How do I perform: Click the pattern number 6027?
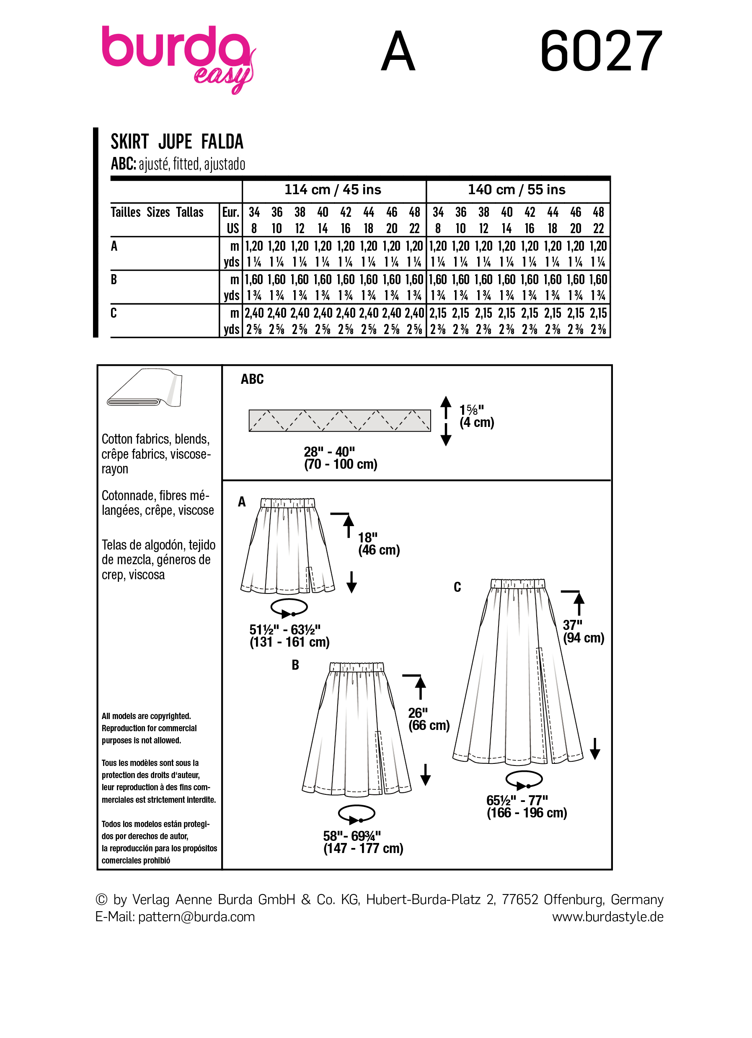[600, 51]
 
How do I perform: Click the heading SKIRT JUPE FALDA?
[177, 142]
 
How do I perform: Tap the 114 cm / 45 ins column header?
[333, 190]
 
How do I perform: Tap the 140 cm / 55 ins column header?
[517, 190]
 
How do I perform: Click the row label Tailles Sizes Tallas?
[157, 212]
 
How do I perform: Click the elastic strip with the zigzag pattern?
[339, 420]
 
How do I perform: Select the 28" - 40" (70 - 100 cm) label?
[340, 457]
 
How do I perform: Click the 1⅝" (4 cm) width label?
[476, 416]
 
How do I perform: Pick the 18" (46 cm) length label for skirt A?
[378, 544]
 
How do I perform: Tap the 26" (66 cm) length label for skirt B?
[428, 719]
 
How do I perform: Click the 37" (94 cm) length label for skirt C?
[583, 631]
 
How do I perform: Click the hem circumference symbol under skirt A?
[289, 608]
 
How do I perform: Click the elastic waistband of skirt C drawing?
[518, 583]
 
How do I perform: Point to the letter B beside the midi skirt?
[295, 665]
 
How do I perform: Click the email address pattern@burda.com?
[196, 917]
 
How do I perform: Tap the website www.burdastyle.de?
[607, 917]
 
